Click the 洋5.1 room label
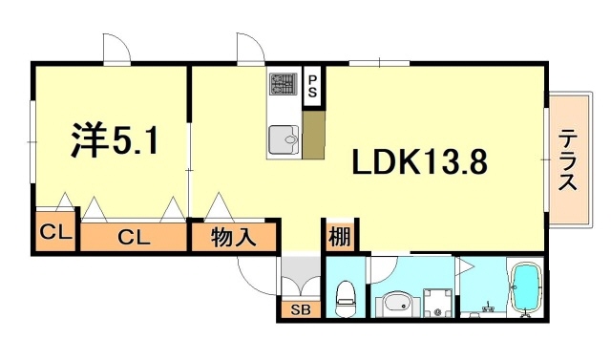coord(114,142)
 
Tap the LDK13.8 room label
coord(420,163)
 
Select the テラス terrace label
coord(568,160)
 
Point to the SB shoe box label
coord(300,309)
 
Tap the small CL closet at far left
coord(52,233)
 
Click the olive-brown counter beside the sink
coord(313,135)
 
